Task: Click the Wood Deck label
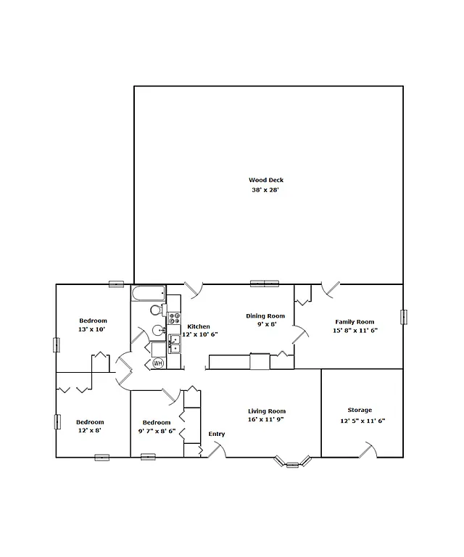click(x=266, y=179)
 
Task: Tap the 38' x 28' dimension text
click(x=265, y=190)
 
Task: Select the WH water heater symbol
click(x=158, y=363)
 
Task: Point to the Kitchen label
click(x=199, y=326)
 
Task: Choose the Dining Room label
click(x=265, y=315)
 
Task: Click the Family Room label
click(x=355, y=321)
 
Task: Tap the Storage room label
click(x=360, y=410)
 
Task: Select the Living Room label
click(x=267, y=411)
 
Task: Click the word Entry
click(x=217, y=434)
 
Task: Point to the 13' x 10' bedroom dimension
click(x=93, y=329)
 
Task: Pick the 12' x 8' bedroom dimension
click(x=90, y=431)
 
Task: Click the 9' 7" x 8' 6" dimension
click(x=157, y=431)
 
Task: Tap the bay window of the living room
click(x=293, y=462)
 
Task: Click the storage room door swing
click(x=369, y=450)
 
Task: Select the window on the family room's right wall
click(x=403, y=317)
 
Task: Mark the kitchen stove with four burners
click(x=174, y=317)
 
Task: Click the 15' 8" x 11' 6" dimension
click(x=355, y=330)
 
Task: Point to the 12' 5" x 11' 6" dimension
click(x=362, y=421)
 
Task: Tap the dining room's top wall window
click(x=265, y=283)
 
